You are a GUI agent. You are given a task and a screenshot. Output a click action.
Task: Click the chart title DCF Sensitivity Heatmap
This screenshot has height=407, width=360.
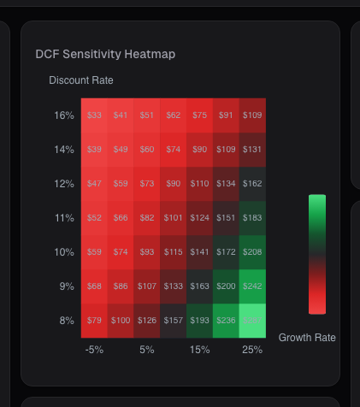click(105, 54)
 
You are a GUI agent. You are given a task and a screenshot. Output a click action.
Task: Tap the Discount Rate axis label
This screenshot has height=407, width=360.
click(81, 80)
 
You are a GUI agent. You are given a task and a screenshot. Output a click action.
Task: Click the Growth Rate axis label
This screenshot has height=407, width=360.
click(307, 338)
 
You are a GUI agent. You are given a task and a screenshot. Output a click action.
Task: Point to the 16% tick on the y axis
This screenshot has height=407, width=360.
click(64, 115)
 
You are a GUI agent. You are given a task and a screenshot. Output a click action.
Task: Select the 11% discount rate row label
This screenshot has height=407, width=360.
click(64, 218)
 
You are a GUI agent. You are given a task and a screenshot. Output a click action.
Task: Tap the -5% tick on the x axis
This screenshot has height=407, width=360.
click(94, 350)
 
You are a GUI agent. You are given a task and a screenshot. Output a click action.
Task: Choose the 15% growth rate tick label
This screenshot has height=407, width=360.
click(199, 350)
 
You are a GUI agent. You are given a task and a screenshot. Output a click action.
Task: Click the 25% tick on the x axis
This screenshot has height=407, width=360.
click(252, 350)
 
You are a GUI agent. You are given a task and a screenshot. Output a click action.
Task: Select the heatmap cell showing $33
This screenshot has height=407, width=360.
click(94, 115)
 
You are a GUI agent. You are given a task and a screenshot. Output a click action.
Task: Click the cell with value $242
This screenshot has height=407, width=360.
click(252, 286)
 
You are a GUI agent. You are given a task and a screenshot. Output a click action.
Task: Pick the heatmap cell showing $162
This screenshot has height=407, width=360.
click(252, 184)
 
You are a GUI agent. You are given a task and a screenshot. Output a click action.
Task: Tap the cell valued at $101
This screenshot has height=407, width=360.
click(173, 218)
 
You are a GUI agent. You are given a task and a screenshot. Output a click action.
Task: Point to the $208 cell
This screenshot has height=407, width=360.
click(252, 252)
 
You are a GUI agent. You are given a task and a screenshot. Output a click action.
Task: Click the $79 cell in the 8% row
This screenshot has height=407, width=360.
click(94, 321)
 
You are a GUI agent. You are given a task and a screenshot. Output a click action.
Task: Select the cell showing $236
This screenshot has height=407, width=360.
click(226, 321)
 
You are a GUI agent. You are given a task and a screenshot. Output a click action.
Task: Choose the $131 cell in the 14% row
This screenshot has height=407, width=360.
click(252, 150)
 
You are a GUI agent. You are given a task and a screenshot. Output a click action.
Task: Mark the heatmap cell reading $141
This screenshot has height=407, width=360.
click(199, 252)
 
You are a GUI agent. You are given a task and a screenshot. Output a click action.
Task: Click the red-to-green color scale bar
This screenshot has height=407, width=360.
click(317, 254)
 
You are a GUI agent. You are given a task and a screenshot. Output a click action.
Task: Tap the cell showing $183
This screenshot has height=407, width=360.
click(252, 218)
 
